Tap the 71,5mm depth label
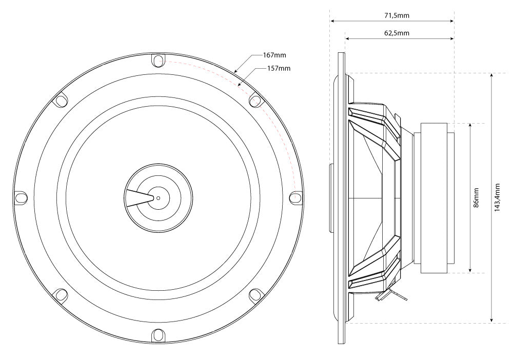point(397,15)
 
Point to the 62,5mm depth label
point(397,33)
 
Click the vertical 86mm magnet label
point(477,197)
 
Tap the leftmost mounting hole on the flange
point(21,197)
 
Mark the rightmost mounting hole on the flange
point(295,197)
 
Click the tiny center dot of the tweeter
point(158,198)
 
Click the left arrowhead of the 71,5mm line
point(332,22)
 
